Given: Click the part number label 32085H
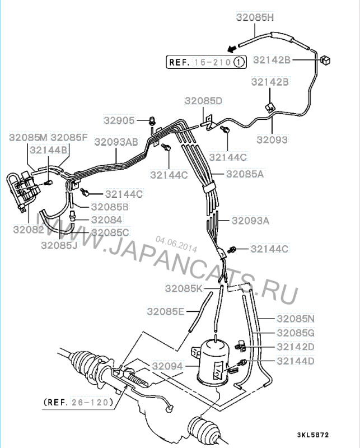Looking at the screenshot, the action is (x=255, y=17).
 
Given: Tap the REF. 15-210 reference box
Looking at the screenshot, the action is (x=206, y=62).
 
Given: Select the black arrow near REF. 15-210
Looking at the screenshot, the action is (x=232, y=49).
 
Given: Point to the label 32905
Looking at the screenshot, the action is (x=119, y=120).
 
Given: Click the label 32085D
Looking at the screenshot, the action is (x=203, y=101).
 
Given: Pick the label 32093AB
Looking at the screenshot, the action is (x=116, y=142).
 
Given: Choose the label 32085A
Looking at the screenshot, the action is (x=245, y=174).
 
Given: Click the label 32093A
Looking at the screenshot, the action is (x=250, y=221).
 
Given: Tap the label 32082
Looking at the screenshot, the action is (x=29, y=229).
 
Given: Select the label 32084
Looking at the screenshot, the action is (x=107, y=220).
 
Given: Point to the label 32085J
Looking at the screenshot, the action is (x=59, y=245).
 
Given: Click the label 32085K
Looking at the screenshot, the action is (x=184, y=288).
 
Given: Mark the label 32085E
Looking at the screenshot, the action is (x=166, y=311).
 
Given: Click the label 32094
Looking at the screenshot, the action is (x=167, y=366).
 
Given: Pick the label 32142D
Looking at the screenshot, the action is (x=296, y=347).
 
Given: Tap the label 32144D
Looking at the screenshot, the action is (x=296, y=361).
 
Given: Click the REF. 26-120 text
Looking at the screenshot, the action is (x=78, y=403).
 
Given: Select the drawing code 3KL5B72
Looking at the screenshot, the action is (x=313, y=435).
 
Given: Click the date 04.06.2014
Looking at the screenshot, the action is (x=176, y=245).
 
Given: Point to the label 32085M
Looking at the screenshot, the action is (x=28, y=137).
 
